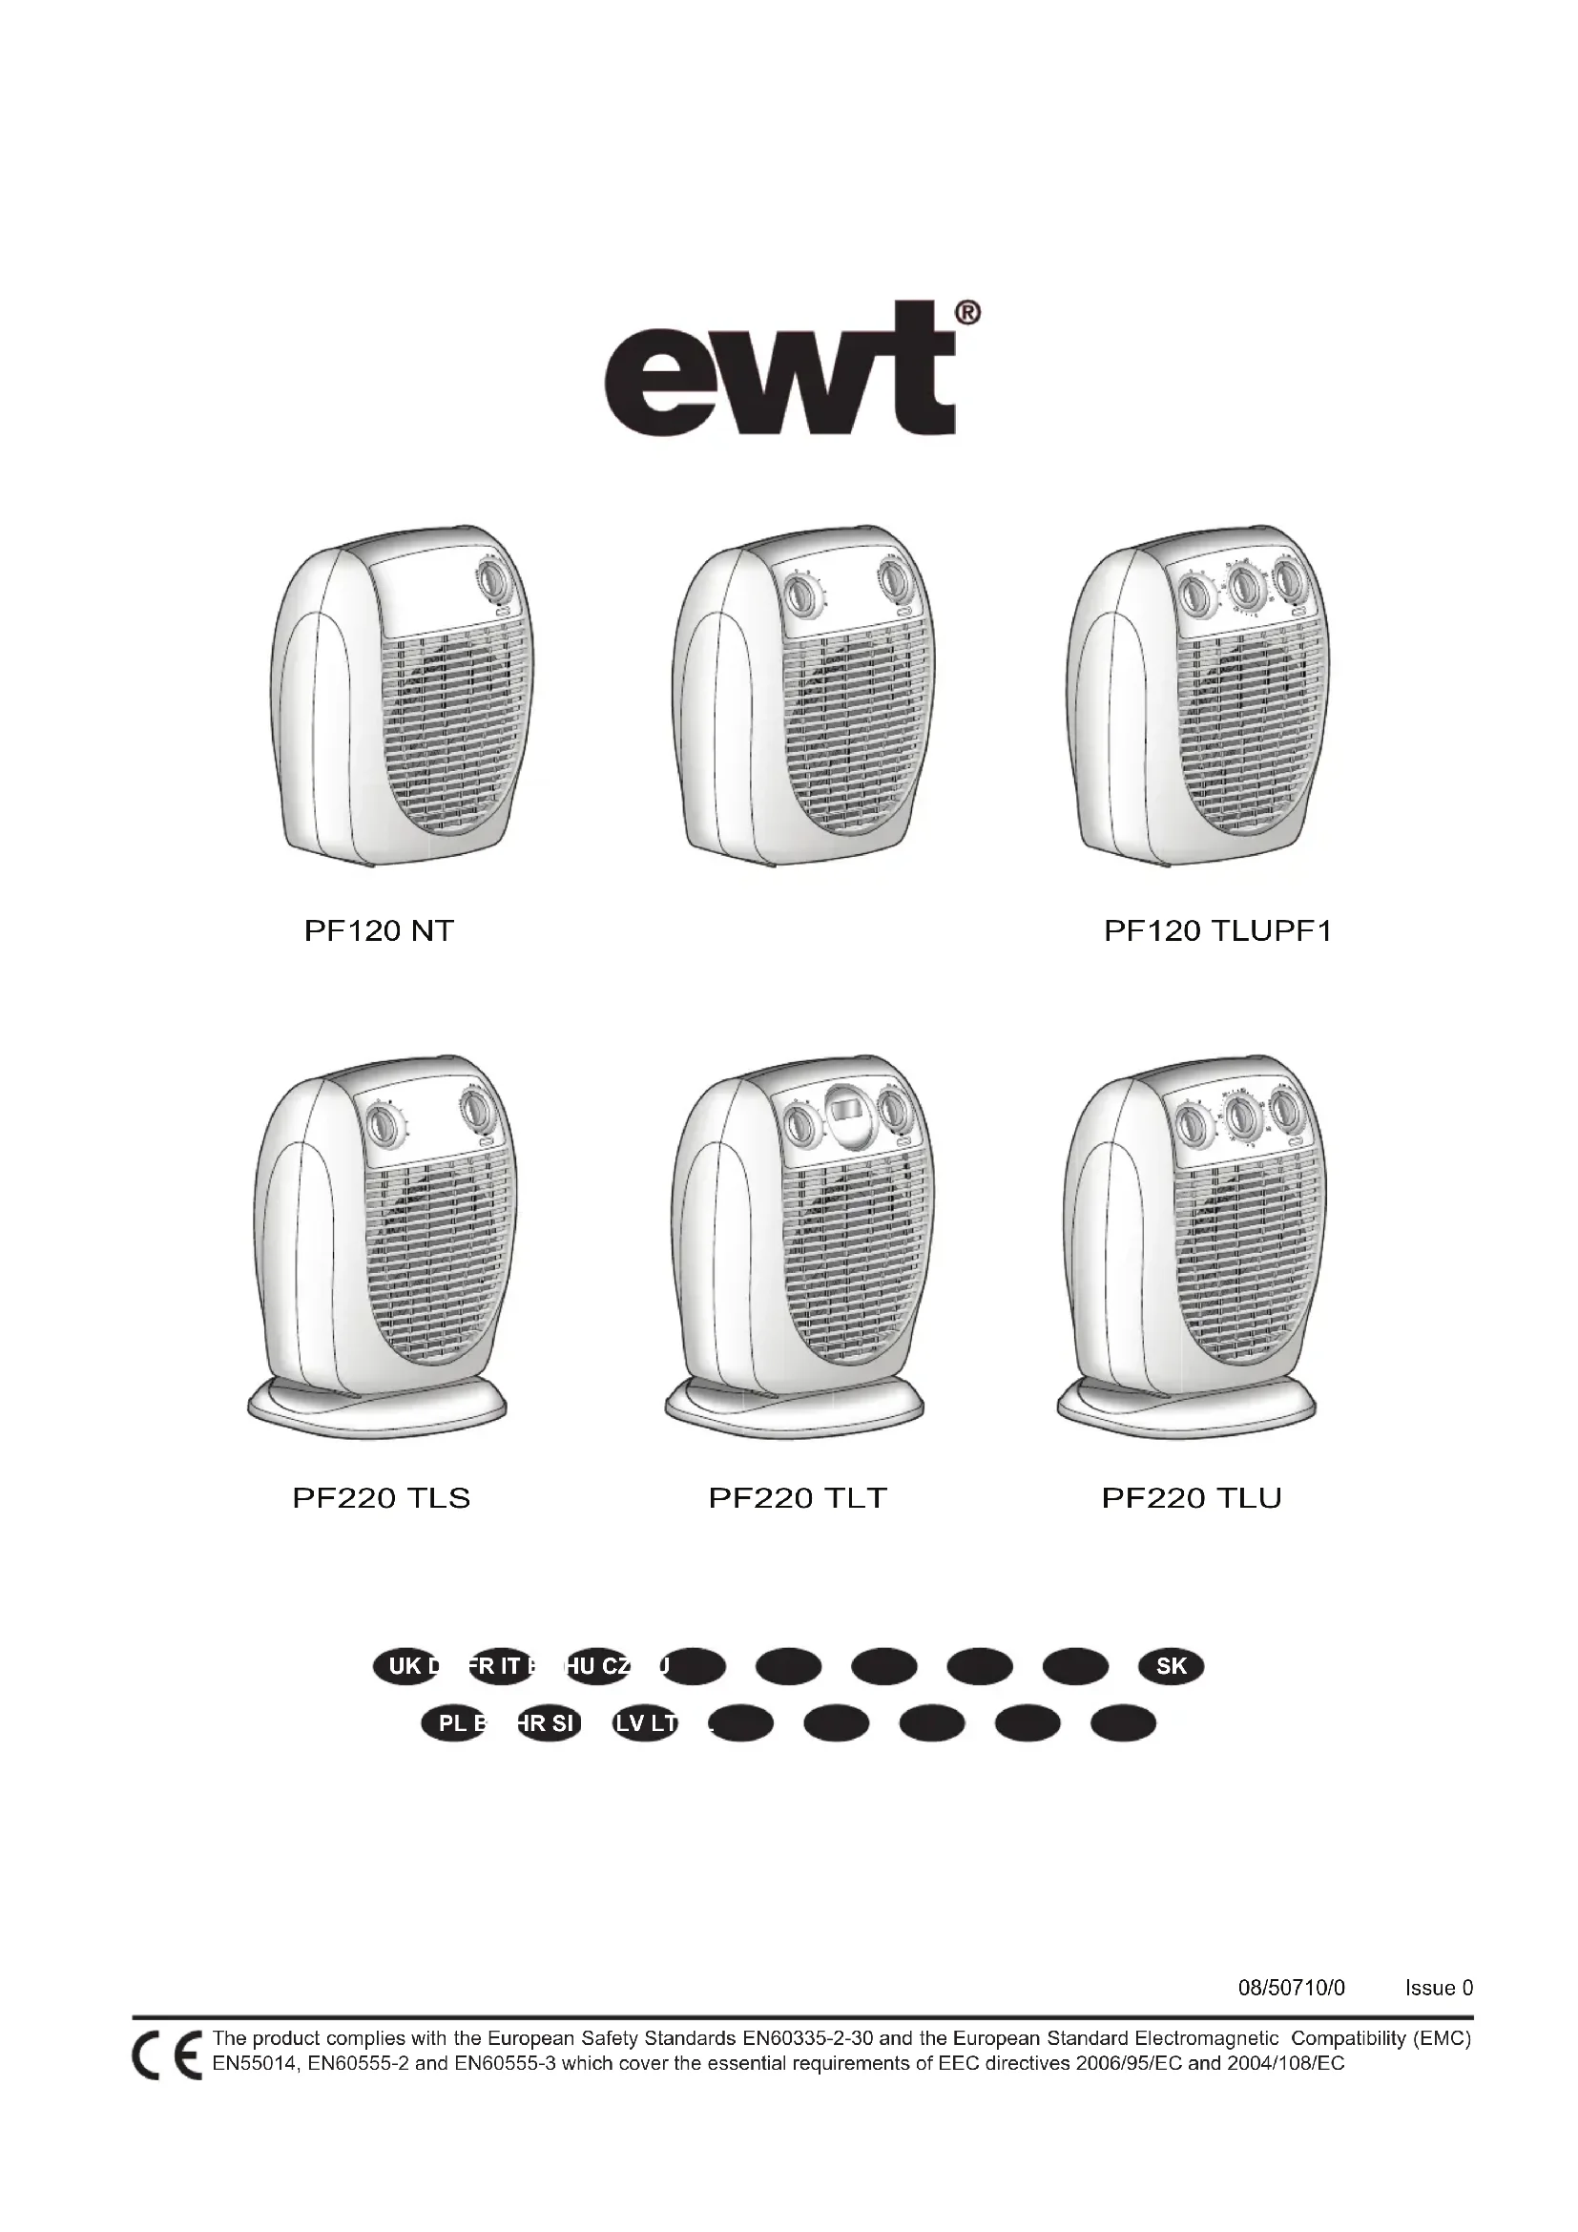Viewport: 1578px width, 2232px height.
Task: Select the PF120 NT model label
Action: pos(379,931)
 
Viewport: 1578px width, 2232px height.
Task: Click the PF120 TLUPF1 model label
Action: pos(1217,931)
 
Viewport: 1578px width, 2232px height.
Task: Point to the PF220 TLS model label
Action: pos(381,1498)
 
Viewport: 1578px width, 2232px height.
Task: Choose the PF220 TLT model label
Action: pos(798,1498)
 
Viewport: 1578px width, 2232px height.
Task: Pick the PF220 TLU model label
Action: pos(1192,1498)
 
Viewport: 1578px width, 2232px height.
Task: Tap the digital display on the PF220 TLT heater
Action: pos(841,1107)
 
